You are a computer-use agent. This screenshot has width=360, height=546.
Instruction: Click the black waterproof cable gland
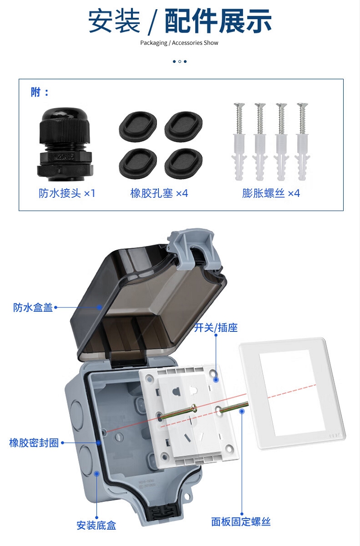pos(65,145)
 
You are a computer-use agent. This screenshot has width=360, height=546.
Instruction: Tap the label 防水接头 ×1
pos(67,193)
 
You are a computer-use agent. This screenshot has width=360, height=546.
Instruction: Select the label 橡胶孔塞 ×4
pos(159,193)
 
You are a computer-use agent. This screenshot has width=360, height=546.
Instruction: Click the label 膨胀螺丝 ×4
pos(271,193)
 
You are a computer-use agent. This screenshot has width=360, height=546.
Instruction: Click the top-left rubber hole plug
pos(138,124)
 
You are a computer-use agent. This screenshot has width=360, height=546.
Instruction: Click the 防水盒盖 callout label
pos(33,307)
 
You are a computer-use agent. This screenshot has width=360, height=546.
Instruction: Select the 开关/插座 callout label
pos(216,328)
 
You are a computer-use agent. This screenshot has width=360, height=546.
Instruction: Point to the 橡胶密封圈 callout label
pos(34,443)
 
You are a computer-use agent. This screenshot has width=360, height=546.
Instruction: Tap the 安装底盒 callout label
pos(96,525)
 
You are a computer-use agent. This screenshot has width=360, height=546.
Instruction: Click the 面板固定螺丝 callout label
pos(241,522)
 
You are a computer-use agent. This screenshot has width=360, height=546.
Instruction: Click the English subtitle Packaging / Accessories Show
pos(180,43)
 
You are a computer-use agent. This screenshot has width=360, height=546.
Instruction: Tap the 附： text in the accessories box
pos(40,92)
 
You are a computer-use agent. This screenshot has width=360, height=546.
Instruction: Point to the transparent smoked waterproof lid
pos(146,303)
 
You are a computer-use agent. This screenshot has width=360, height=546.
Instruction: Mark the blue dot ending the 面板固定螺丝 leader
pos(242,411)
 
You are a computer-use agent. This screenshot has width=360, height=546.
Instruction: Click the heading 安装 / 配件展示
pos(180,22)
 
